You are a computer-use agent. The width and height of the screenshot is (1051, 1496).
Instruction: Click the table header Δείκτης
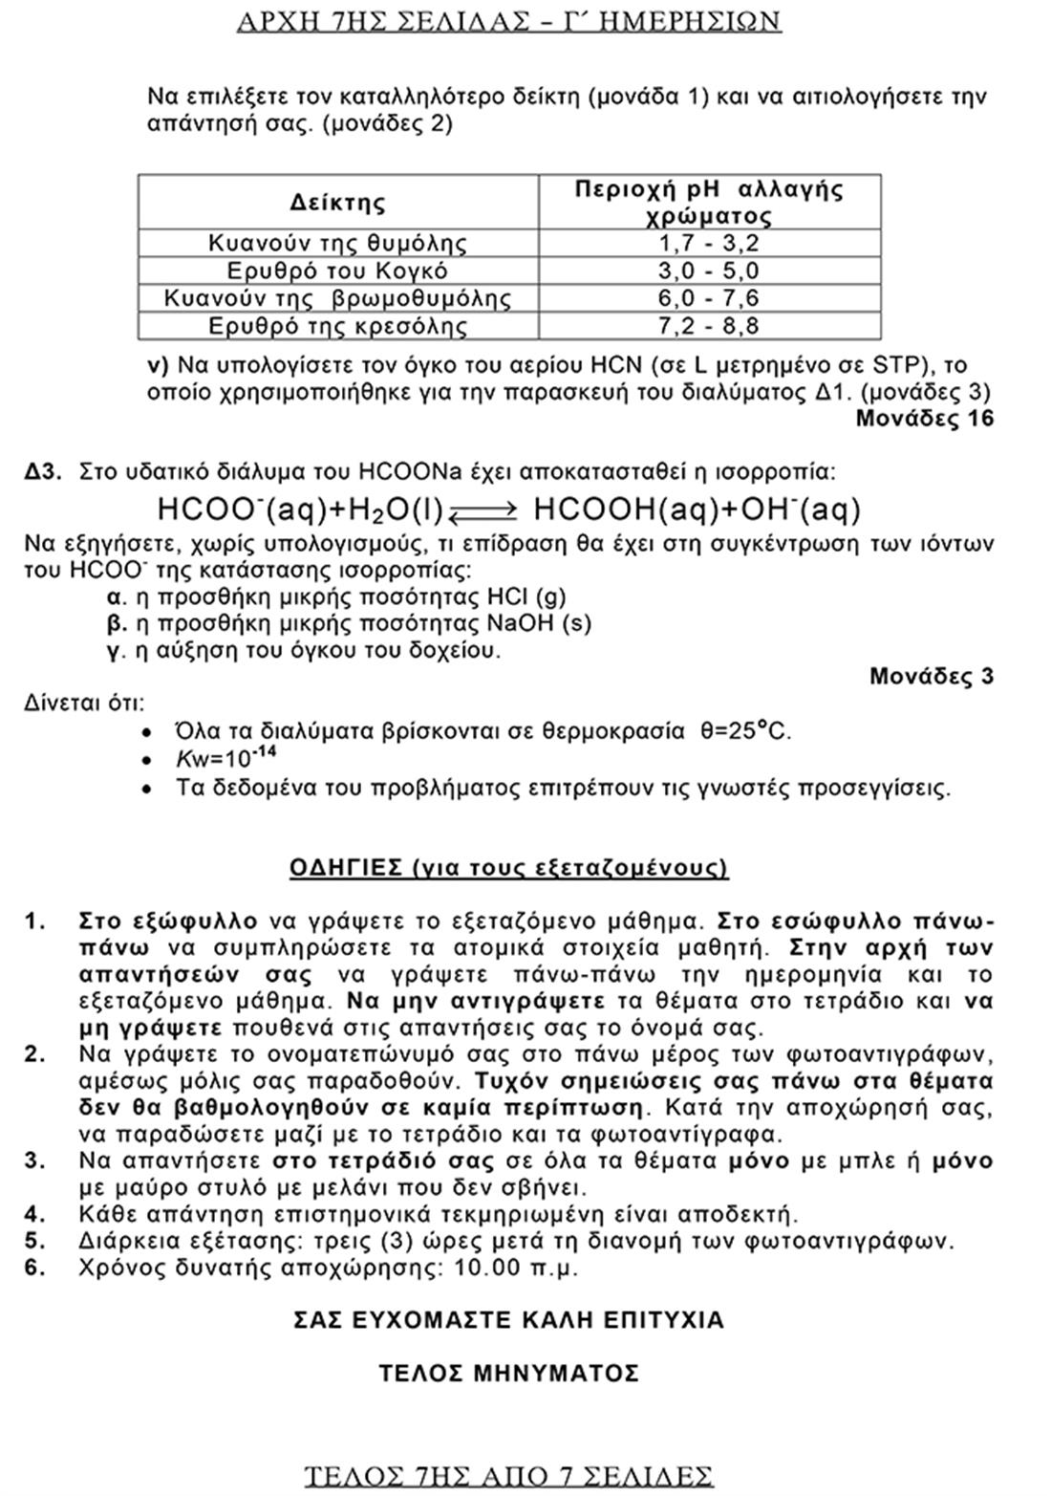[x=337, y=203]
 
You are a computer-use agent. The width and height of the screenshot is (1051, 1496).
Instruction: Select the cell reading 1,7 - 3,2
[x=708, y=243]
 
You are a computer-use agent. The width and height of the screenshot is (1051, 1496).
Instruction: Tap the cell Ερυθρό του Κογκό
[x=337, y=271]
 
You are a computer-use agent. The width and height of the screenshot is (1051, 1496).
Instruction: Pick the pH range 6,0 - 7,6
[x=708, y=298]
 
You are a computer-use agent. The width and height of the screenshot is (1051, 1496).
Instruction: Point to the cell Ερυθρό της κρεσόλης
[x=337, y=326]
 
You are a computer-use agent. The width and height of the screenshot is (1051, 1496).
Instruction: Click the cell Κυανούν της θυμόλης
[x=337, y=243]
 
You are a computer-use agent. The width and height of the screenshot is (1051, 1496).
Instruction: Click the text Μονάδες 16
[x=924, y=418]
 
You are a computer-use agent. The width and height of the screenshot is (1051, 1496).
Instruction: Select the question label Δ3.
[x=44, y=471]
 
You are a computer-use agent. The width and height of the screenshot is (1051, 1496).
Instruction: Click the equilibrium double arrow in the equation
[x=483, y=511]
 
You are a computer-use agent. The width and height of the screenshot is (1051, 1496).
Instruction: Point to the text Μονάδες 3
[x=931, y=677]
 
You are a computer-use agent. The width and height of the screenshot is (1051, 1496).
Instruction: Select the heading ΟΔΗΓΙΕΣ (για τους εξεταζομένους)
[x=508, y=868]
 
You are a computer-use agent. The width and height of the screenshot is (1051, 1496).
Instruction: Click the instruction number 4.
[x=35, y=1215]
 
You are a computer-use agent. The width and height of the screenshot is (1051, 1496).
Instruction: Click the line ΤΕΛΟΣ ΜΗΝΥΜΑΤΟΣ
[x=508, y=1374]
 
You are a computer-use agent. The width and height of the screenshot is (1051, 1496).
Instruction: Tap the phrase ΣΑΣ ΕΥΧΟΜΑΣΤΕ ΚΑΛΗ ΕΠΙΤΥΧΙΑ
[x=508, y=1320]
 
